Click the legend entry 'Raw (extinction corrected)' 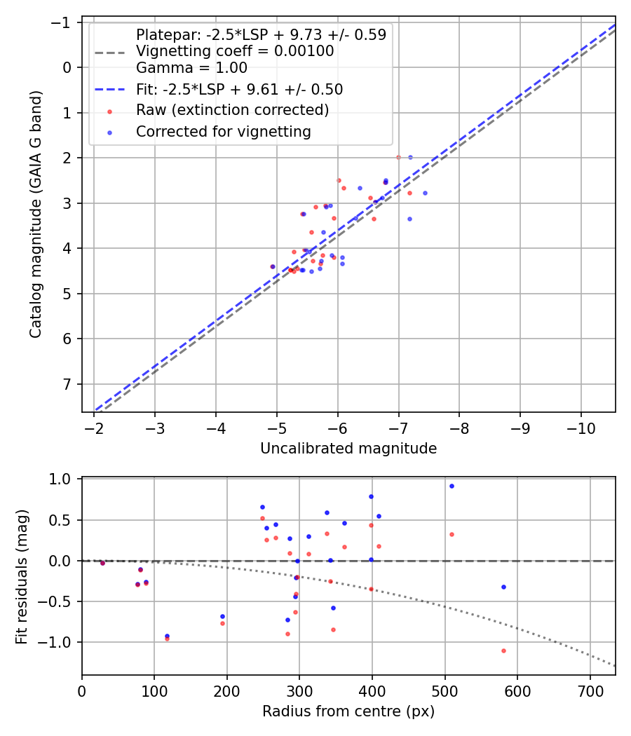pyautogui.click(x=232, y=110)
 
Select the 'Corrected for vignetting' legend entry pyautogui.click(x=223, y=131)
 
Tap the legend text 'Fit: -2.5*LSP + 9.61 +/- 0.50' pyautogui.click(x=239, y=89)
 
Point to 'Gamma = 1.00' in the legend pyautogui.click(x=191, y=68)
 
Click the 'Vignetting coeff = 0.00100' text pyautogui.click(x=235, y=51)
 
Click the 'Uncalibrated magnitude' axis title pyautogui.click(x=348, y=449)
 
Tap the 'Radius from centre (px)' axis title pyautogui.click(x=348, y=711)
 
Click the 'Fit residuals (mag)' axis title pyautogui.click(x=22, y=575)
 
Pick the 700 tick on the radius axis pyautogui.click(x=590, y=690)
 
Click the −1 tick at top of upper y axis pyautogui.click(x=64, y=22)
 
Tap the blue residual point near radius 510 pyautogui.click(x=452, y=486)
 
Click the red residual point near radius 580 pyautogui.click(x=503, y=650)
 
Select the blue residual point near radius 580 pyautogui.click(x=503, y=587)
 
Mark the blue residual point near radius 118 pyautogui.click(x=167, y=636)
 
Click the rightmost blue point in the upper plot pyautogui.click(x=425, y=193)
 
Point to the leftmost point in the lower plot pyautogui.click(x=102, y=563)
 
